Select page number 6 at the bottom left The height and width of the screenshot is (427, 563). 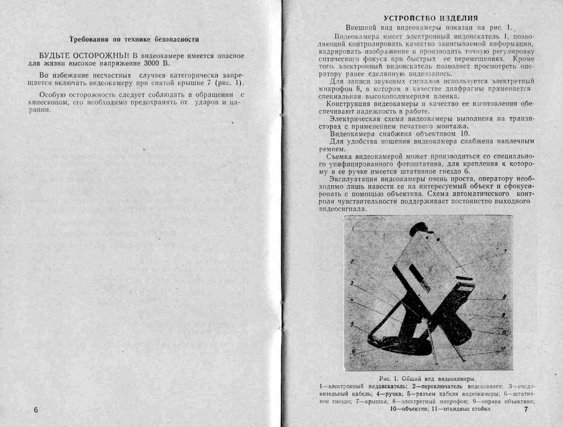pos(36,410)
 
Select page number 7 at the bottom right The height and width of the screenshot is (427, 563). pos(526,410)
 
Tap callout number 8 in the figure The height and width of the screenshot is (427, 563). pos(504,297)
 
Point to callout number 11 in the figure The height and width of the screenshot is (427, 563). pos(503,348)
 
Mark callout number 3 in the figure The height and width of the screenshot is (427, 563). pos(351,283)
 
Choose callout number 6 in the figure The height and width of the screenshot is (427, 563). pos(353,351)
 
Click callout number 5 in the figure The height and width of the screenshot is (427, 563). pos(351,324)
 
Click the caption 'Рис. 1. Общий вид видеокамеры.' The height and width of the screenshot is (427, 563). pos(427,379)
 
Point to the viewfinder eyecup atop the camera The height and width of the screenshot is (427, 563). pos(421,229)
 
